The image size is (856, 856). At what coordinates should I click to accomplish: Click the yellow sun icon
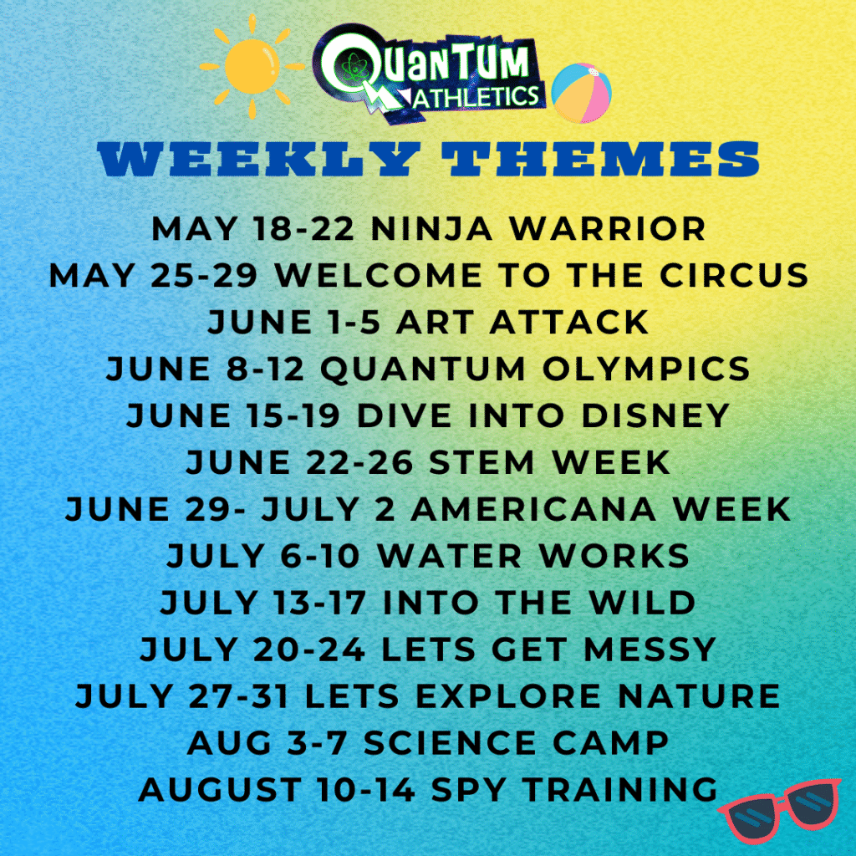[x=252, y=64]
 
